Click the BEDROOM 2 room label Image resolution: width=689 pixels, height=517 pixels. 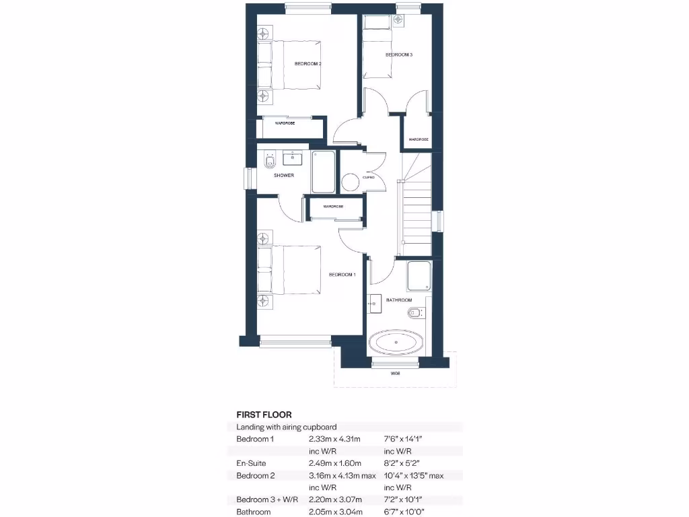pyautogui.click(x=307, y=64)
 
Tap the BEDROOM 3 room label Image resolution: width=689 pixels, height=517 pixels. pyautogui.click(x=398, y=55)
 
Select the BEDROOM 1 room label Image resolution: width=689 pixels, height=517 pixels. pyautogui.click(x=342, y=275)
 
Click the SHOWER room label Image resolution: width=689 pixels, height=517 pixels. pyautogui.click(x=284, y=175)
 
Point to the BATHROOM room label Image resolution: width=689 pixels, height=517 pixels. pyautogui.click(x=398, y=300)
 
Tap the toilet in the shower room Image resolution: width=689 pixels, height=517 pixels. pyautogui.click(x=270, y=162)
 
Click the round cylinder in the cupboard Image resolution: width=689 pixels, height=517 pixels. pyautogui.click(x=350, y=182)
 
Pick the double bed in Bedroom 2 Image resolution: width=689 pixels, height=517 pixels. pyautogui.click(x=289, y=65)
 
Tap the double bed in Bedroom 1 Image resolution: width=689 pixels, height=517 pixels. pyautogui.click(x=289, y=270)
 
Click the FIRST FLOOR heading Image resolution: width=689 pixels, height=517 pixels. pyautogui.click(x=264, y=415)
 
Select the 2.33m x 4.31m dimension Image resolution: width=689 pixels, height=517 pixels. pyautogui.click(x=334, y=439)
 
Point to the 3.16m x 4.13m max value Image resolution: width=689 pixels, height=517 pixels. pyautogui.click(x=341, y=475)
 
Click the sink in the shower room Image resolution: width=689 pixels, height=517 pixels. pyautogui.click(x=294, y=159)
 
